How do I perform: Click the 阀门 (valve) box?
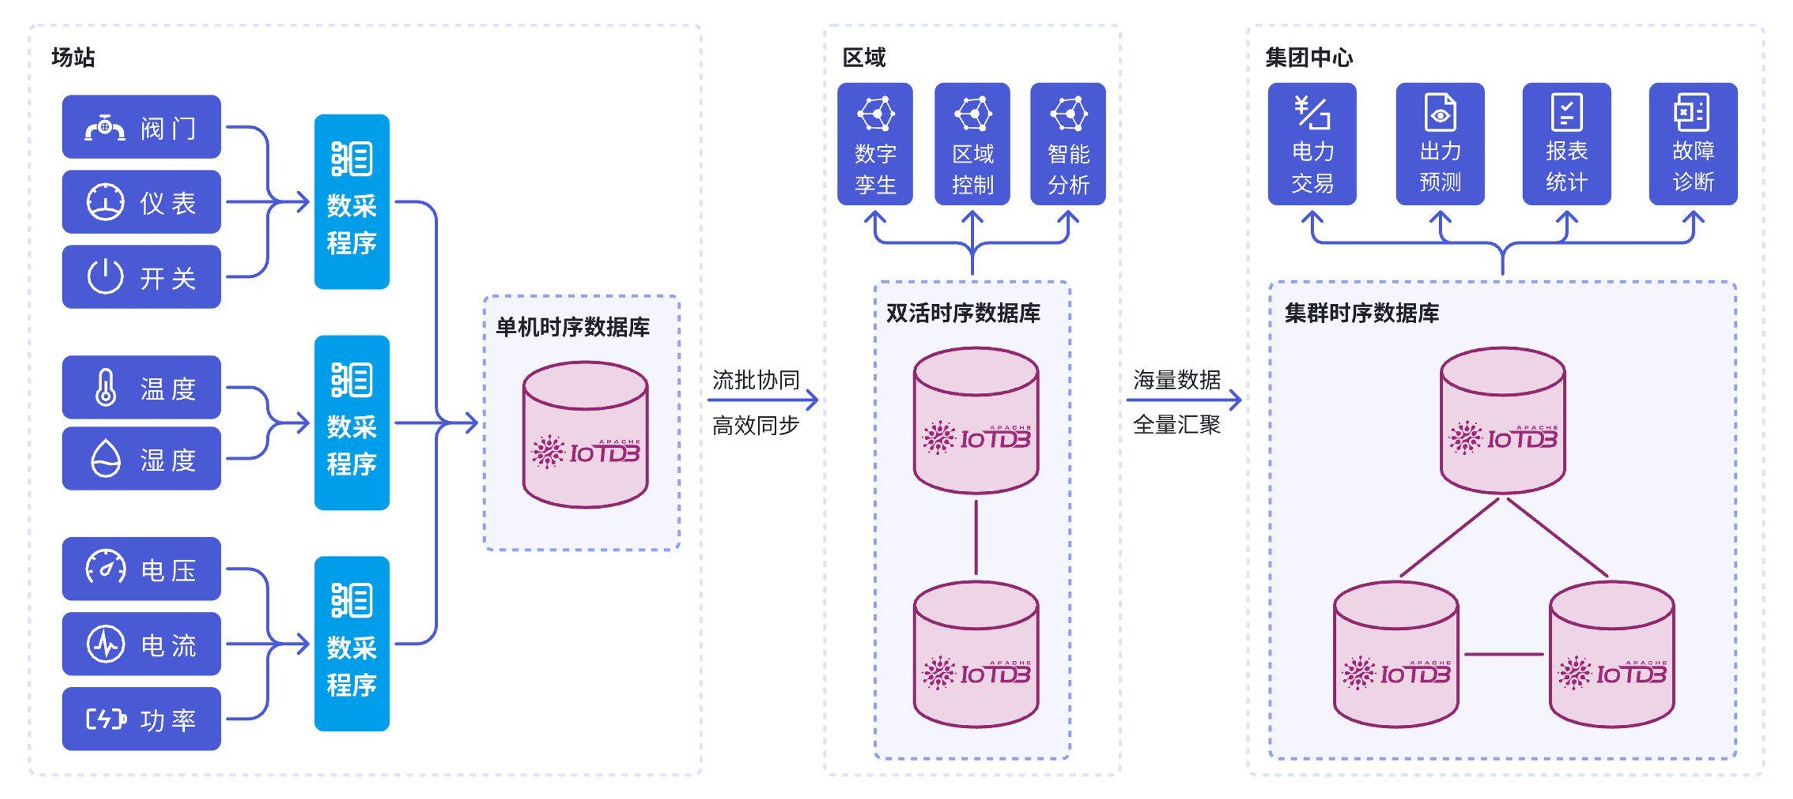point(141,127)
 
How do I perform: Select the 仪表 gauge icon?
point(105,202)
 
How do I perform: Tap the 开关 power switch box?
point(141,277)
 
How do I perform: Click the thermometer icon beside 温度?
point(106,387)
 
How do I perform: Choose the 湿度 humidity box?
point(141,459)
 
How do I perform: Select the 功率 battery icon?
point(106,718)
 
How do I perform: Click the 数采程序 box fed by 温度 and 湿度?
point(351,422)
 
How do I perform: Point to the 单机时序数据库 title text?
point(572,327)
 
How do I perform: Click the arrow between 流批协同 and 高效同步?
point(762,400)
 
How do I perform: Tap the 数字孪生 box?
point(875,144)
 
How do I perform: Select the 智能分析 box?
point(1068,144)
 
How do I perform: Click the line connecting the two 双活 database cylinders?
point(976,537)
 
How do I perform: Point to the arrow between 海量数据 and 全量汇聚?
point(1184,400)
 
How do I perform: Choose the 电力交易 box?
point(1312,144)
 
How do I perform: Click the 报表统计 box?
point(1566,144)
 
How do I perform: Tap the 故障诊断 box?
point(1693,144)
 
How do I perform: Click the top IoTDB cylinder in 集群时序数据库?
point(1503,421)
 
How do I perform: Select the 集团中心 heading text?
point(1309,57)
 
